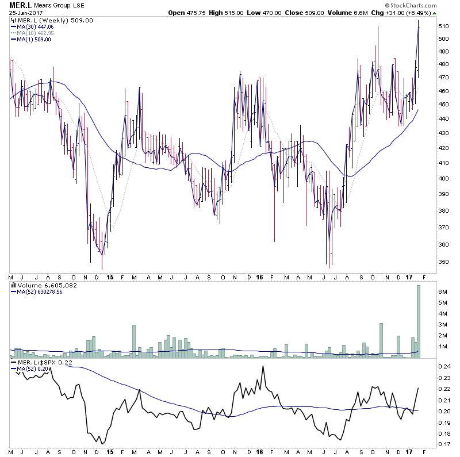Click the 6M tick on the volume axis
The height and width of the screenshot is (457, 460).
[x=443, y=292]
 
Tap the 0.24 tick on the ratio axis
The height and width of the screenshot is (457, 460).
[x=444, y=366]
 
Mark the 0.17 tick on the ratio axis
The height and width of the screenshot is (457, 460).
[x=444, y=444]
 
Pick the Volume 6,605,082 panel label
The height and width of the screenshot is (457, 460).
[x=40, y=285]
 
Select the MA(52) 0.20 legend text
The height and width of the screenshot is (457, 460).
[x=30, y=369]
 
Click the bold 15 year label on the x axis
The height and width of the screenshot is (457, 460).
[x=109, y=277]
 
